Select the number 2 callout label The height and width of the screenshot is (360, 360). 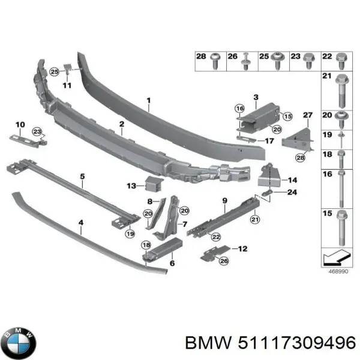click(121, 124)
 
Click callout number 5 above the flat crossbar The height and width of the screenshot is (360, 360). click(83, 176)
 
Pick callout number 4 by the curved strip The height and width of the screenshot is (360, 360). click(80, 222)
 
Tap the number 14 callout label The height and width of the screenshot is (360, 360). click(293, 179)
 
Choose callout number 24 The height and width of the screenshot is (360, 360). click(292, 193)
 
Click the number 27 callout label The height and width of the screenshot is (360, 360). click(308, 115)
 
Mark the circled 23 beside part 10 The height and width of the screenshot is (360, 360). click(38, 131)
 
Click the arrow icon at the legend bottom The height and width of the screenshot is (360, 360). click(339, 259)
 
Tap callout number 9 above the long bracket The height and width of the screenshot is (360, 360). click(224, 200)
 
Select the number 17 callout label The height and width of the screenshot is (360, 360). click(269, 142)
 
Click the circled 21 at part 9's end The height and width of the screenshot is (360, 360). click(254, 220)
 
